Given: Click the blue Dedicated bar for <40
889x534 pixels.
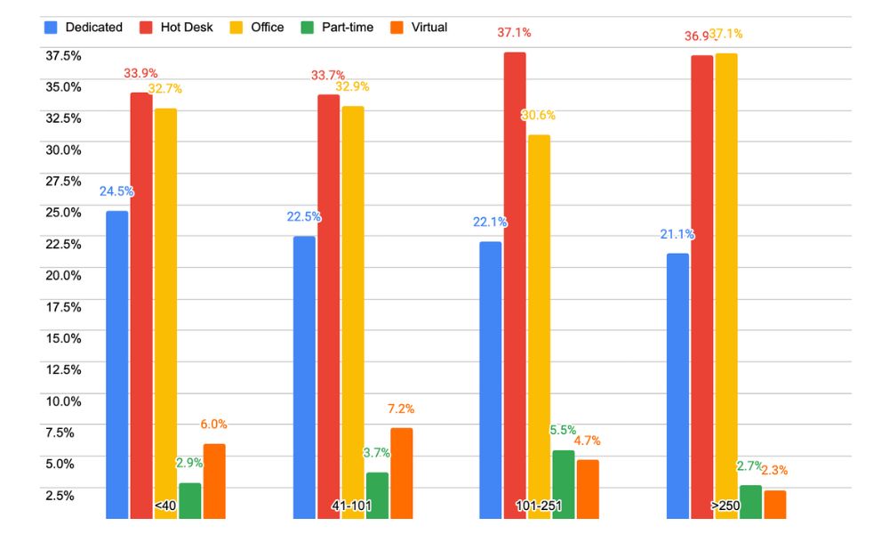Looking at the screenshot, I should [117, 365].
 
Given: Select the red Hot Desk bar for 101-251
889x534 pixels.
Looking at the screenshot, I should [515, 285].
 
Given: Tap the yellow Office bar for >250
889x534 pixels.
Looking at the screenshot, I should [726, 285].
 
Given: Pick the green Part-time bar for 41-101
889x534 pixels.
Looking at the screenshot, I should [377, 495].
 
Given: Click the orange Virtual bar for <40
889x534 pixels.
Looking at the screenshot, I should [214, 481].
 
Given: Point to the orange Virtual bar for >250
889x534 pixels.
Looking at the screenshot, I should [774, 504].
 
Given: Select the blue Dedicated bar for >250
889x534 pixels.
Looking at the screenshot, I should [677, 385].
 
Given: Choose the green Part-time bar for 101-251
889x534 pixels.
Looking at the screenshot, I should [564, 484].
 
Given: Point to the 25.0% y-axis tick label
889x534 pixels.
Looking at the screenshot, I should [63, 213].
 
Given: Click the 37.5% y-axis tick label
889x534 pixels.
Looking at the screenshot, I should [63, 55].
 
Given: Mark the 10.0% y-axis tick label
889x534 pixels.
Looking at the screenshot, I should [63, 401].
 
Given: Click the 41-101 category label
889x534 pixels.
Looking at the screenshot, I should [351, 506].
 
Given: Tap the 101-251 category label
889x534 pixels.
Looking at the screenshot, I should [539, 506].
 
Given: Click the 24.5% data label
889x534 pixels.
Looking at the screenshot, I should [116, 191].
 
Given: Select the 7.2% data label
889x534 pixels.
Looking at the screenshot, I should [401, 409].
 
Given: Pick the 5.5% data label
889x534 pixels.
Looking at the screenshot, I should [563, 430].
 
